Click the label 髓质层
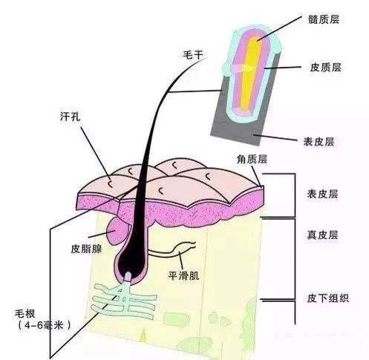(x=324, y=19)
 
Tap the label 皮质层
(x=325, y=67)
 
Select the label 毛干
(x=192, y=55)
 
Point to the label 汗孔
(x=71, y=117)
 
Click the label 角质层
(x=252, y=159)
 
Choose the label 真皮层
(x=322, y=235)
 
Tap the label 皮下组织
(x=328, y=298)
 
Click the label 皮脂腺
(x=86, y=249)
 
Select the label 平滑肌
(x=183, y=275)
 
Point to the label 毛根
(x=25, y=314)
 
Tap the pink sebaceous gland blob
(x=117, y=231)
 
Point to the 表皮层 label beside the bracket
(x=322, y=194)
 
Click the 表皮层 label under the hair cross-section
(x=319, y=142)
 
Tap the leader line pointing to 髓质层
(x=280, y=28)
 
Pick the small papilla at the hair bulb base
(x=128, y=277)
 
